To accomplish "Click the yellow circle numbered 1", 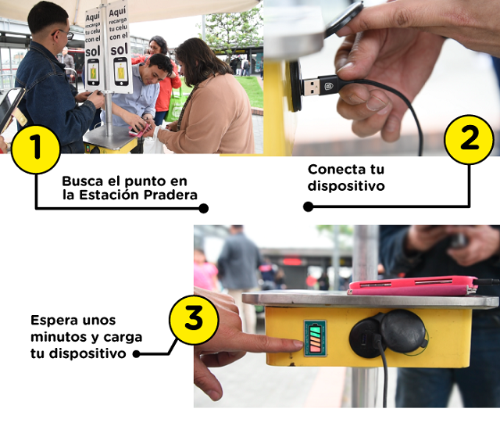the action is (x=35, y=149).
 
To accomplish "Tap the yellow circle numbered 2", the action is (x=469, y=140).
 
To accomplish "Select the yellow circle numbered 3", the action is (x=194, y=320).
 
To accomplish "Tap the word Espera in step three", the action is (x=57, y=321).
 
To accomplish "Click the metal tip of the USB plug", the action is (x=311, y=87).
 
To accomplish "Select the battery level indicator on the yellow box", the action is (x=316, y=339).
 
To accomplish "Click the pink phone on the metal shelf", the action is (x=413, y=285).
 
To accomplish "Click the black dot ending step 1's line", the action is (x=203, y=209).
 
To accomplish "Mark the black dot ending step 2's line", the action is (x=308, y=206).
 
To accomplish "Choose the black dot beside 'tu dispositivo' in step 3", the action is (x=137, y=354).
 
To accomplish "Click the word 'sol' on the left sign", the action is (x=93, y=51).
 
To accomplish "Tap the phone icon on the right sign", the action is (x=121, y=71).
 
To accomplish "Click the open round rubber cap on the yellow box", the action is (x=403, y=331).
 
